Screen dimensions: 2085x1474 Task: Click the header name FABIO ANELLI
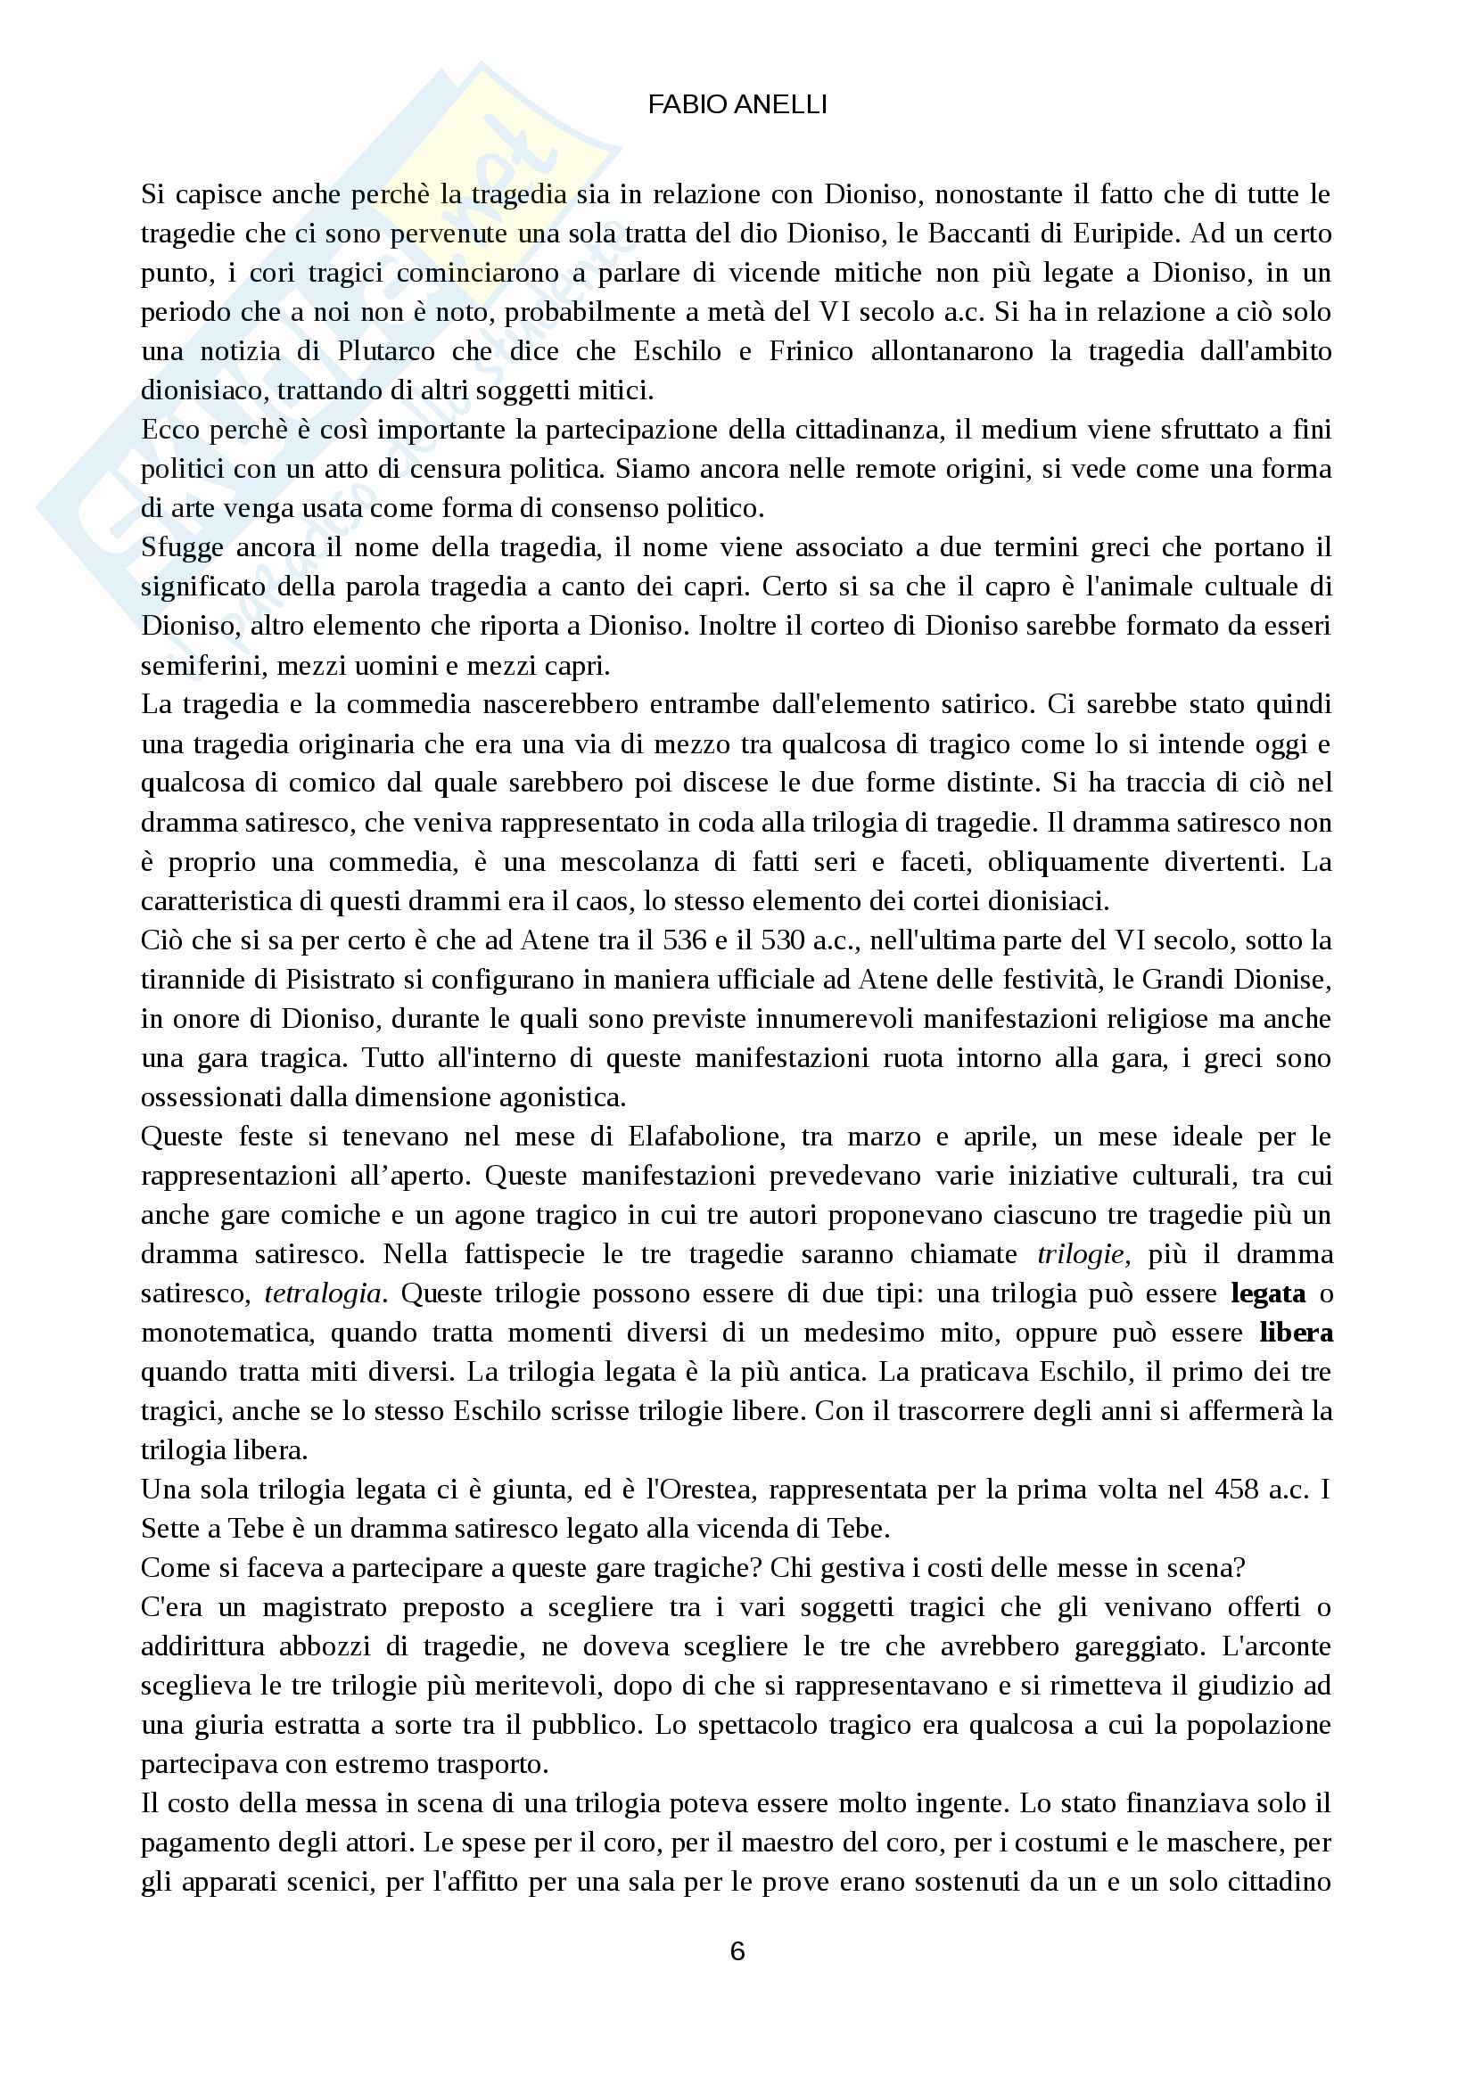point(737,105)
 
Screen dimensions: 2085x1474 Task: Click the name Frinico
point(811,350)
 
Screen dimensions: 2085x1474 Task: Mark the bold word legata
point(1268,1293)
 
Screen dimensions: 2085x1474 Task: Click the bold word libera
point(1296,1332)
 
